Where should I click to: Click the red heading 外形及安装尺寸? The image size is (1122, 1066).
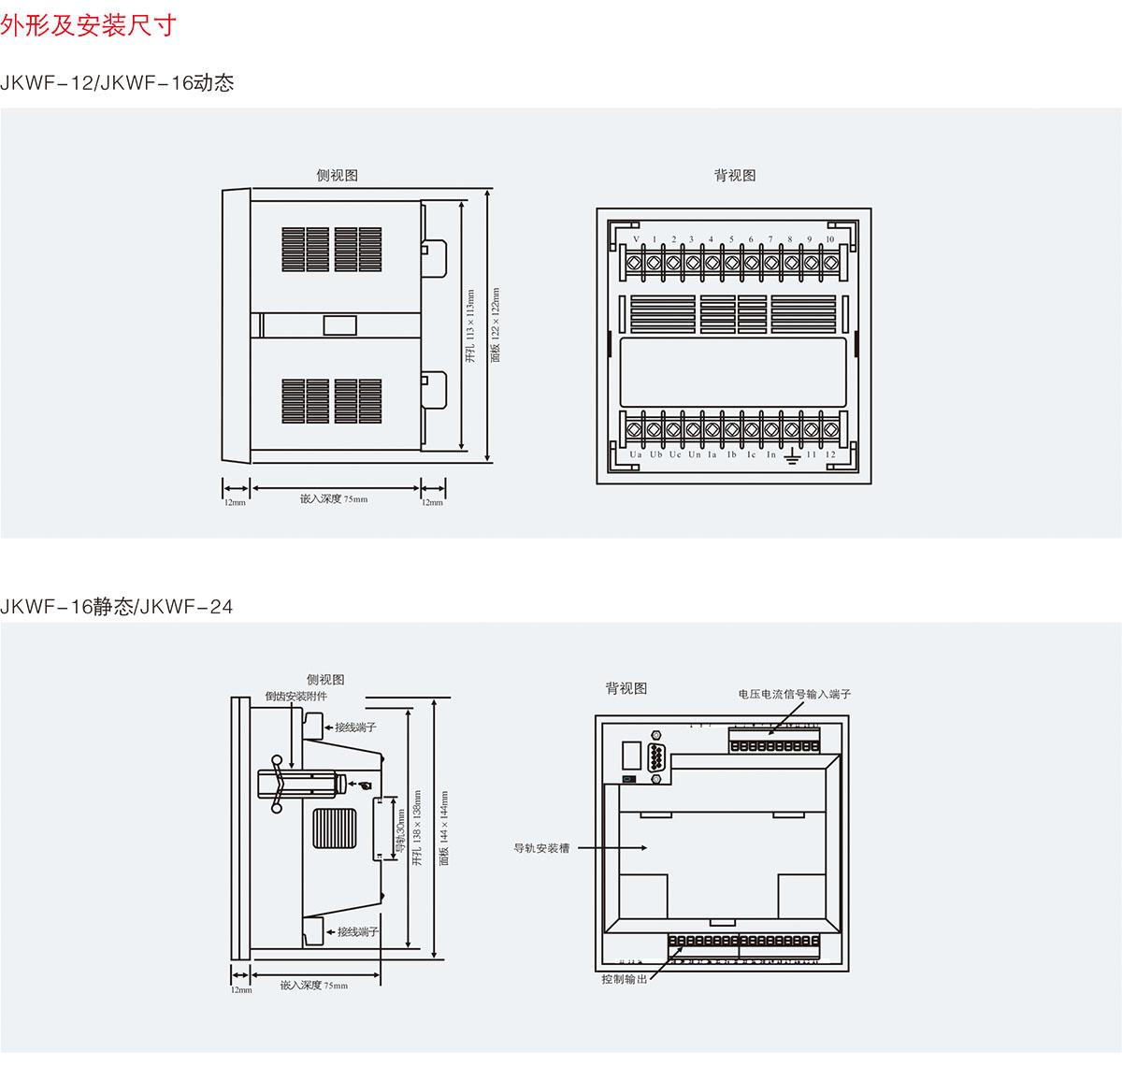(x=88, y=25)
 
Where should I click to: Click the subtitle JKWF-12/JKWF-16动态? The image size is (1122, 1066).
(x=117, y=82)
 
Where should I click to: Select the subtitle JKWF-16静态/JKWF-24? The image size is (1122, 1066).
(x=117, y=607)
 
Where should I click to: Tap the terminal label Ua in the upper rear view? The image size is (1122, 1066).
(x=636, y=455)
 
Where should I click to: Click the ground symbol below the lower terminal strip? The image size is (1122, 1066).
(x=791, y=456)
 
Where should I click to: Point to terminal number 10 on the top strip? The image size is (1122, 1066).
(x=829, y=240)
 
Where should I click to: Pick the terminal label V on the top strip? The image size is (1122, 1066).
(x=636, y=240)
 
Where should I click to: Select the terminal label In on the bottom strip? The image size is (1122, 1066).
(x=771, y=455)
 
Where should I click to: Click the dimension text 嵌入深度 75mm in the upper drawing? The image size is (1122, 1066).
(x=334, y=498)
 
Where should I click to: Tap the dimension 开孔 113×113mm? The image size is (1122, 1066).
(x=470, y=326)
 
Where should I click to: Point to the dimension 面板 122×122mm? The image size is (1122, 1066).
(x=496, y=324)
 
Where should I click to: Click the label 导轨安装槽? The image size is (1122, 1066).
(x=541, y=848)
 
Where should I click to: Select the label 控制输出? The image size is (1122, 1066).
(x=625, y=979)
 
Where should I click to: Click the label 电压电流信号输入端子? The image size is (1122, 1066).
(x=795, y=694)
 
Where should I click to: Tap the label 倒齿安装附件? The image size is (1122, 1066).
(x=295, y=697)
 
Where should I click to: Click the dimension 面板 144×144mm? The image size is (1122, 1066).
(x=444, y=828)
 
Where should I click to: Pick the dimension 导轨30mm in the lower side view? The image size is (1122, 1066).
(x=400, y=827)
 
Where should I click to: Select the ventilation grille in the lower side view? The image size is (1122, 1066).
(x=334, y=828)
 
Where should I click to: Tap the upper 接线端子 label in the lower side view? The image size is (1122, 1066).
(x=355, y=727)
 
